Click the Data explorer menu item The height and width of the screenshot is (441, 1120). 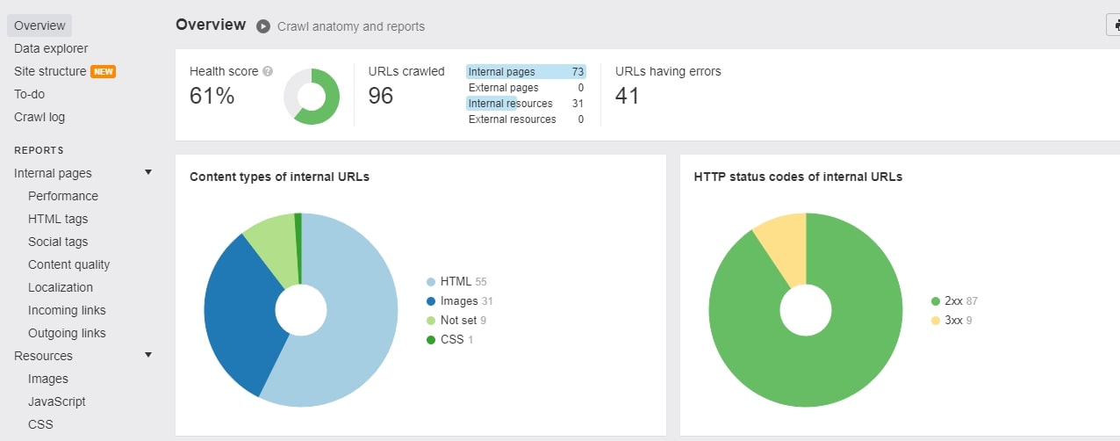click(51, 48)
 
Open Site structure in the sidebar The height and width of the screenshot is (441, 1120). click(50, 71)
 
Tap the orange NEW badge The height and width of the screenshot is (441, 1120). click(103, 71)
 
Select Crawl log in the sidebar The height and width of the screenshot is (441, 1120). click(39, 117)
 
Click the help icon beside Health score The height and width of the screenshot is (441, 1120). click(268, 71)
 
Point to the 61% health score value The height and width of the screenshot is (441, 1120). click(212, 96)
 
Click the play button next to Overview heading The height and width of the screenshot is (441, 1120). click(263, 26)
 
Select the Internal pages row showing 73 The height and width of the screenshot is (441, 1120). click(526, 71)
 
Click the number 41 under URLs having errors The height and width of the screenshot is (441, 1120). click(627, 96)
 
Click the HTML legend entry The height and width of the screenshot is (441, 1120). click(456, 281)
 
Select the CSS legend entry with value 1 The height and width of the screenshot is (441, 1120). click(450, 339)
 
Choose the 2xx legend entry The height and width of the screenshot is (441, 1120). click(954, 300)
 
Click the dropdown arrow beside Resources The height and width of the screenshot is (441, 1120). click(148, 355)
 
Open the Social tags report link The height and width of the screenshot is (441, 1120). click(58, 242)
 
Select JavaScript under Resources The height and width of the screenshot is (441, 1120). click(56, 401)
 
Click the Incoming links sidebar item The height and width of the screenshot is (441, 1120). click(67, 310)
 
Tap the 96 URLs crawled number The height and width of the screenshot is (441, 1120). click(380, 96)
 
